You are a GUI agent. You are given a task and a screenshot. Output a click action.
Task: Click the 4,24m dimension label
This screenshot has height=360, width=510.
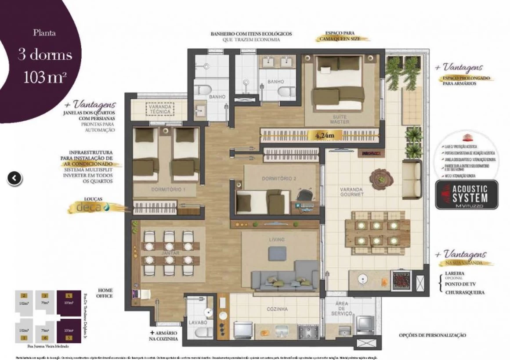point(325,136)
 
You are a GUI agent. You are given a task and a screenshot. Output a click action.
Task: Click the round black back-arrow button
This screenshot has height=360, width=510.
point(14,178)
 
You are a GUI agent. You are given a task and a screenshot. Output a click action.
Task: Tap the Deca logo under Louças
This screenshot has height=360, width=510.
point(91,207)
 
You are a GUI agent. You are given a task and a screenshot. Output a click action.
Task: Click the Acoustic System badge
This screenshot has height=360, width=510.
point(467,194)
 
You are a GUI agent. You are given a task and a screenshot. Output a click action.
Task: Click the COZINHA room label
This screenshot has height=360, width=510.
point(277,309)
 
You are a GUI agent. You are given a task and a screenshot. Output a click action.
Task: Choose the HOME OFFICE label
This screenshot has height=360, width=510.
point(105,293)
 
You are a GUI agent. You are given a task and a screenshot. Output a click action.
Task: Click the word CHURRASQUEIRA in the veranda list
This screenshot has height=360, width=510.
point(465,292)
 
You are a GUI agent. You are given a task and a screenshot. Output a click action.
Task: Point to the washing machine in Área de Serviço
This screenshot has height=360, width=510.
point(364,325)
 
